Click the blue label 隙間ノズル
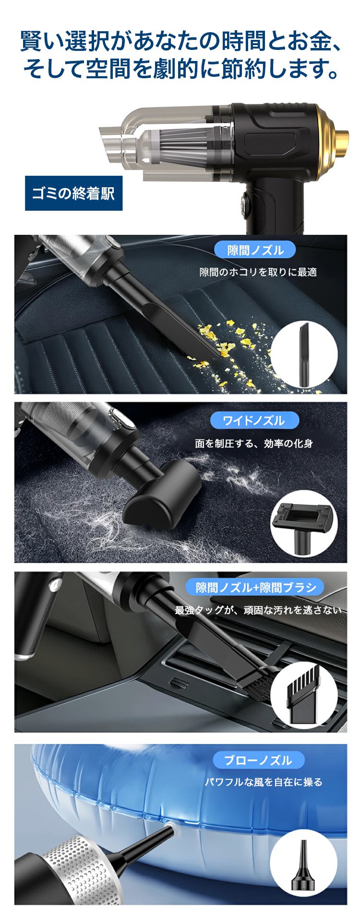pyautogui.click(x=255, y=250)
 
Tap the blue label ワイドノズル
pyautogui.click(x=254, y=420)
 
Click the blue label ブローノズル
pyautogui.click(x=258, y=760)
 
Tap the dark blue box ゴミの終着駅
pyautogui.click(x=73, y=193)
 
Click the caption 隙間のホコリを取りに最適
pyautogui.click(x=258, y=272)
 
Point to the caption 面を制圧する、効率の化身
pyautogui.click(x=254, y=443)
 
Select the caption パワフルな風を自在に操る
pyautogui.click(x=264, y=782)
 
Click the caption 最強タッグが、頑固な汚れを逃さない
pyautogui.click(x=258, y=610)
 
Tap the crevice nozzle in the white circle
pyautogui.click(x=304, y=354)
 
